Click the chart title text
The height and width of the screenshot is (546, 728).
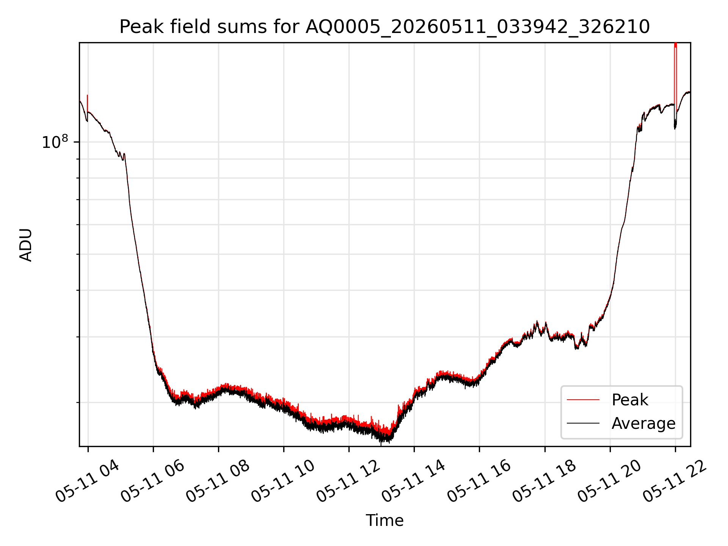click(384, 27)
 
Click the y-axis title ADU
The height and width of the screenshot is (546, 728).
click(26, 245)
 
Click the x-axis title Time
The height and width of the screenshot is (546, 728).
click(384, 520)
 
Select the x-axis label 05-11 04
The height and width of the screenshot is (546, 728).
click(87, 481)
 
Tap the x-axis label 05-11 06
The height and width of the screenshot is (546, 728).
click(152, 481)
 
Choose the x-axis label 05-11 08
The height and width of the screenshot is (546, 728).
click(218, 481)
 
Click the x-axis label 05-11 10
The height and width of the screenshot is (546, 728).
click(283, 481)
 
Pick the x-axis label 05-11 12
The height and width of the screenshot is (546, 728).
click(348, 481)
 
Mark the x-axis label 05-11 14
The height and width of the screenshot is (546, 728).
click(413, 481)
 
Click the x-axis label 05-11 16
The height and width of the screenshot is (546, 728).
click(479, 481)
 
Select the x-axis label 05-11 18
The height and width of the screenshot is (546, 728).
click(544, 481)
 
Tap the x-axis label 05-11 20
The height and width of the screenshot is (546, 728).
click(609, 481)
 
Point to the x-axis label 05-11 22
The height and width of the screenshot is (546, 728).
click(675, 481)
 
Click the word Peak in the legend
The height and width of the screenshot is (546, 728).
click(630, 400)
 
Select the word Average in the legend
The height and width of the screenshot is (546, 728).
click(643, 423)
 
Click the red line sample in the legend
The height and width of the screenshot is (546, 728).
click(583, 400)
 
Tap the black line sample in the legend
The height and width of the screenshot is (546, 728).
click(583, 423)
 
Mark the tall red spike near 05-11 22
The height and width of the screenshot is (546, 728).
click(675, 76)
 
